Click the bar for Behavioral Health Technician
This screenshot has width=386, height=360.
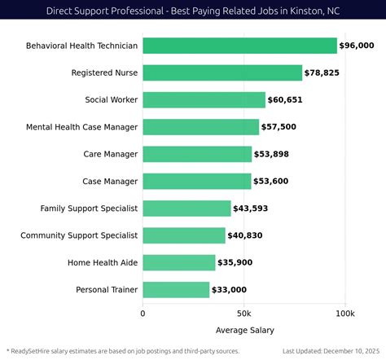click(x=239, y=46)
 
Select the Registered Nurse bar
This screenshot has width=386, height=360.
click(x=222, y=73)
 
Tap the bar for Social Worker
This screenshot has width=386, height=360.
click(x=204, y=100)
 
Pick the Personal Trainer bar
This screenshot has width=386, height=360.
click(x=176, y=289)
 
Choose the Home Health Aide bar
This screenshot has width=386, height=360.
click(x=179, y=262)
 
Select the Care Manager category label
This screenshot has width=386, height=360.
click(x=111, y=154)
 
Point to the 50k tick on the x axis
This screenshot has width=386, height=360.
click(x=243, y=313)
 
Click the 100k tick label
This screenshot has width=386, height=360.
click(x=344, y=313)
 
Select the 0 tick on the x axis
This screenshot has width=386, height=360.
click(x=143, y=313)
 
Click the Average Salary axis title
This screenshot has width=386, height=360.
click(x=244, y=330)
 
